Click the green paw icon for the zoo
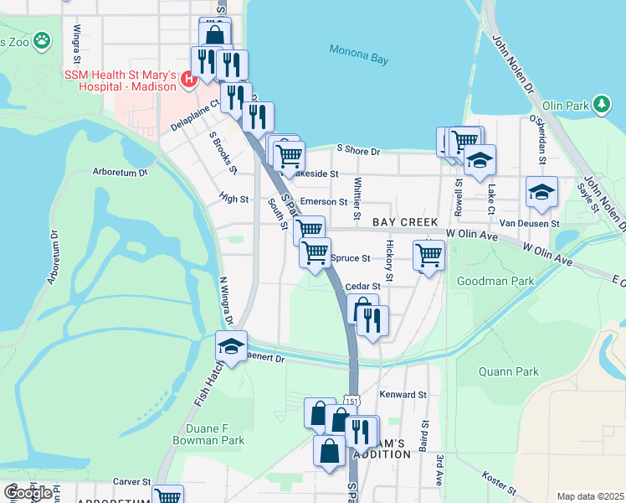coord(42,40)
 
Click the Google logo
coord(27,493)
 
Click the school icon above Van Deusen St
coord(541,192)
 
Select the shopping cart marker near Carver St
coord(168,496)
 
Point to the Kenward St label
coord(403,394)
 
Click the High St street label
coord(233,200)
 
